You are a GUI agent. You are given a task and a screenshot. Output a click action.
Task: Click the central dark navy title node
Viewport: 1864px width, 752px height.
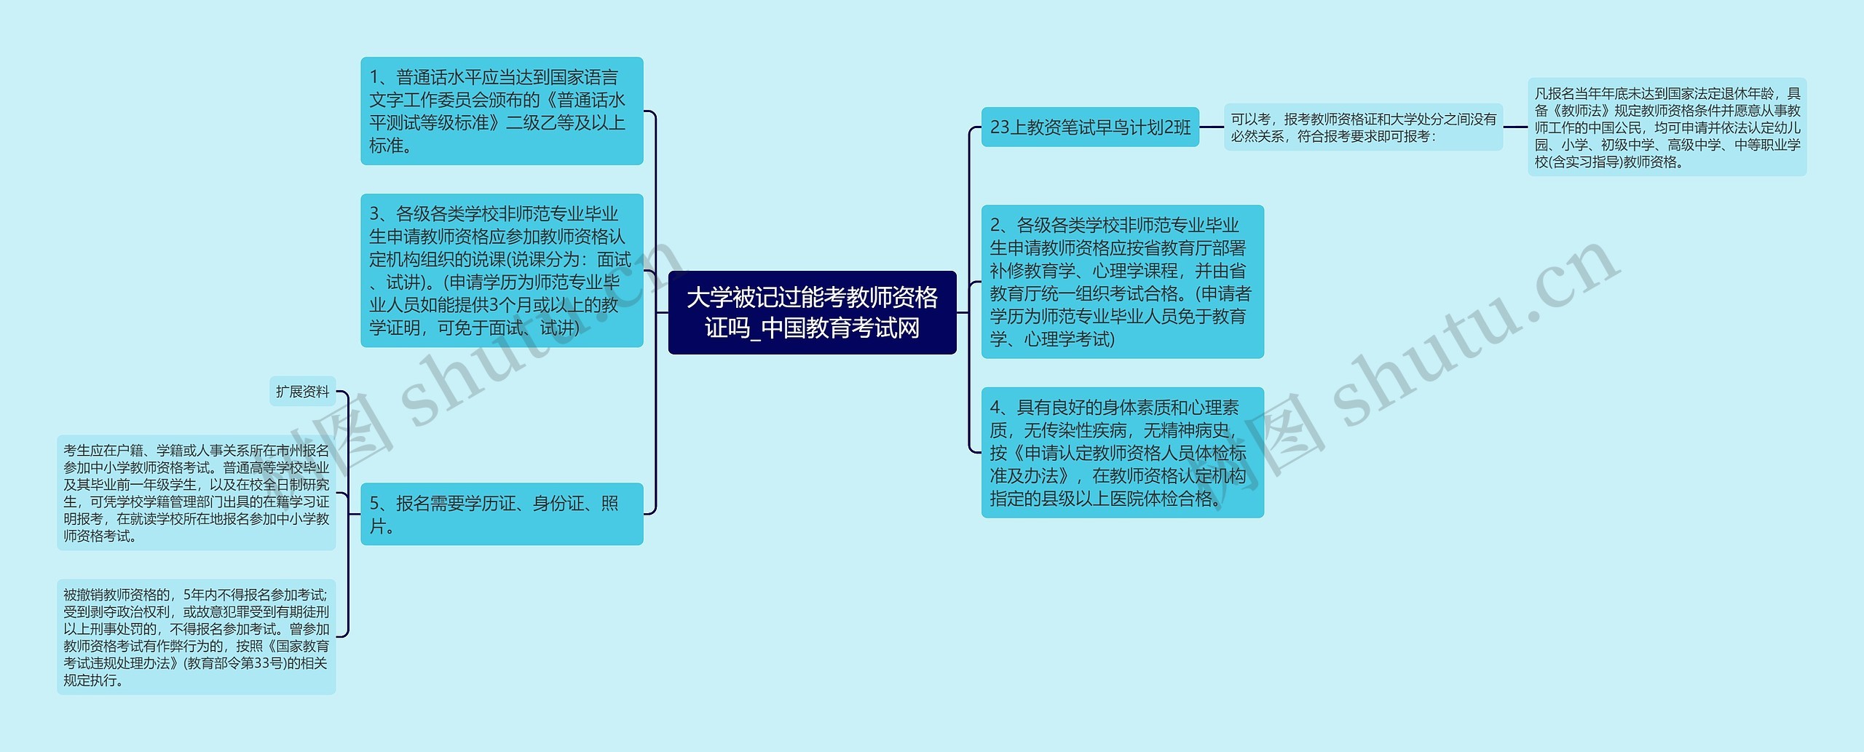click(812, 312)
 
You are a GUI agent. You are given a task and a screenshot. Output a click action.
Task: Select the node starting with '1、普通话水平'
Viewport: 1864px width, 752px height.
click(502, 111)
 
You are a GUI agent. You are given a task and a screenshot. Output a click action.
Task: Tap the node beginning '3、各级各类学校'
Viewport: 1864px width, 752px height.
click(502, 270)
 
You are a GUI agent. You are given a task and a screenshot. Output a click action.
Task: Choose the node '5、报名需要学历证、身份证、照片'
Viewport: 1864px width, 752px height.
click(502, 514)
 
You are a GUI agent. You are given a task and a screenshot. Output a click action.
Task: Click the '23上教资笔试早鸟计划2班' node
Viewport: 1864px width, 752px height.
click(1089, 127)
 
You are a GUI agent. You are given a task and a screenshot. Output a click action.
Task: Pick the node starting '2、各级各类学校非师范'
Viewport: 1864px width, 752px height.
click(1122, 282)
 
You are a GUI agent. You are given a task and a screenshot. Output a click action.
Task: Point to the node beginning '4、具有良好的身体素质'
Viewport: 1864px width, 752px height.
click(1122, 452)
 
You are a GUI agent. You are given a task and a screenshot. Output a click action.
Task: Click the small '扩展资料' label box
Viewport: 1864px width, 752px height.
click(302, 392)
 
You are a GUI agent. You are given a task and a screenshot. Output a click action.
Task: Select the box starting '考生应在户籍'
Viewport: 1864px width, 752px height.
click(196, 493)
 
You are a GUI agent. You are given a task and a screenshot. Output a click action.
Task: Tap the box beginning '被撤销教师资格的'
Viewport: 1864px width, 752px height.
click(196, 637)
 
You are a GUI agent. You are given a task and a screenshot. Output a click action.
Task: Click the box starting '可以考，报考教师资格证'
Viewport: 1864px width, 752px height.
click(1363, 127)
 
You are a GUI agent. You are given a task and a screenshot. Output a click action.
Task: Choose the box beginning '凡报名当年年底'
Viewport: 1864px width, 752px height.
click(1667, 127)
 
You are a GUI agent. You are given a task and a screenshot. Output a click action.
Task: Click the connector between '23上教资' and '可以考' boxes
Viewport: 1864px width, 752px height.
click(1212, 127)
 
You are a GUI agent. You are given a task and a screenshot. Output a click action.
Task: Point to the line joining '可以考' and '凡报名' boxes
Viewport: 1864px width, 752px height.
click(1515, 127)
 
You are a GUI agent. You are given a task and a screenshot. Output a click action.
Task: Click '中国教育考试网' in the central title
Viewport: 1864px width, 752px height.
click(840, 328)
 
